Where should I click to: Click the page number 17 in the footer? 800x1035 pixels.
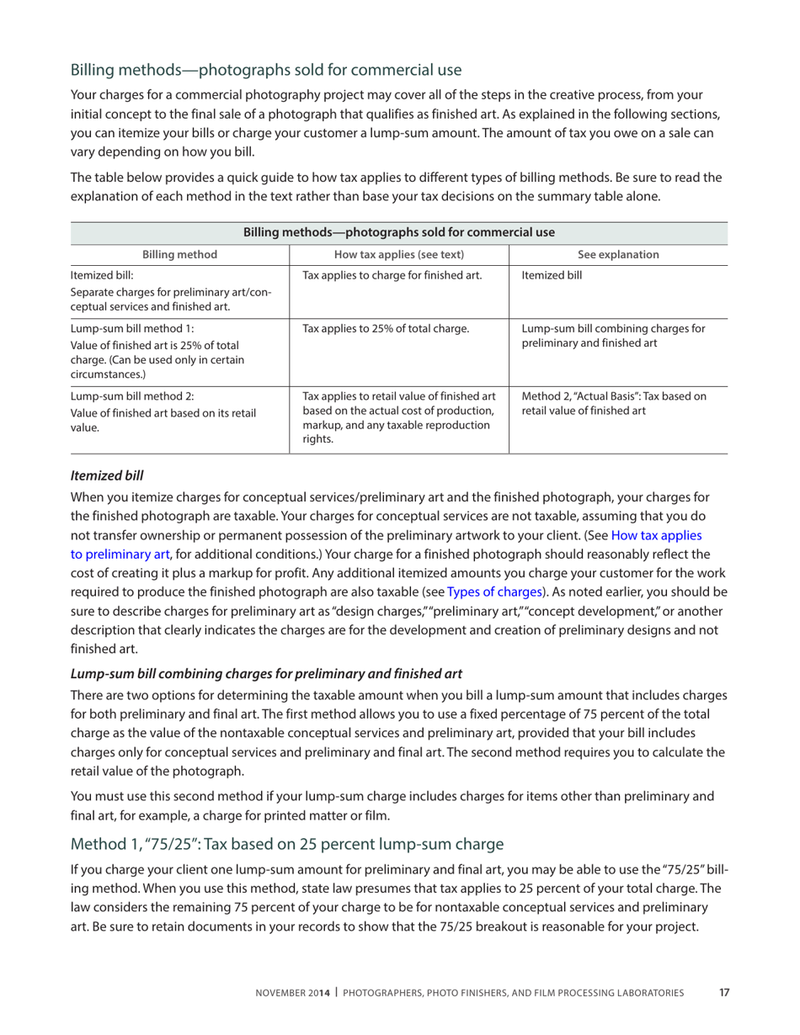pos(723,993)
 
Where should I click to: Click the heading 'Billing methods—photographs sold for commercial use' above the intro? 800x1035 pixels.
pos(266,69)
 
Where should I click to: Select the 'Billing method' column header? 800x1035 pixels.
pos(179,255)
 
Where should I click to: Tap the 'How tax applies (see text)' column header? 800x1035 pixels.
pos(399,255)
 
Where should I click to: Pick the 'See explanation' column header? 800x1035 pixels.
pos(618,255)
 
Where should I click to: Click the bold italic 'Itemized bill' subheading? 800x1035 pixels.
pos(107,475)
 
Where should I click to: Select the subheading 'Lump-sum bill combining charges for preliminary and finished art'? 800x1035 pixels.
pos(266,673)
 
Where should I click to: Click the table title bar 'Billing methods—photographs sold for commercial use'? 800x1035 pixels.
pos(399,232)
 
